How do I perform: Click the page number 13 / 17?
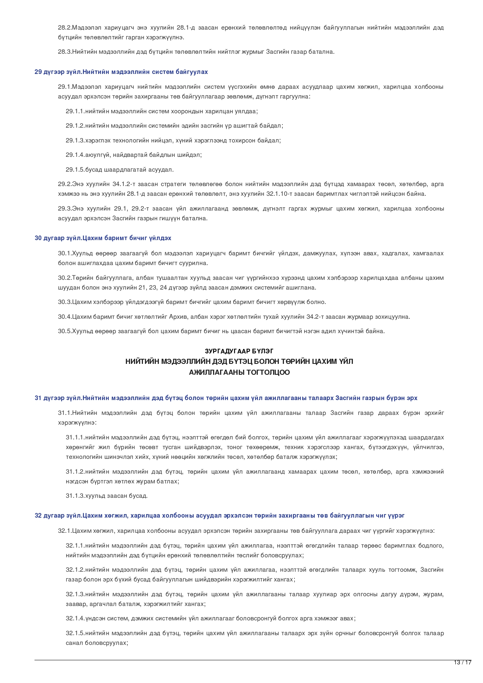[462, 663]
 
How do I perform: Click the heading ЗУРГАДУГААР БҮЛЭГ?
[239, 351]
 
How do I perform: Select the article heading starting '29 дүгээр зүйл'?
[121, 72]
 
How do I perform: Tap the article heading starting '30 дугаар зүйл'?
[103, 238]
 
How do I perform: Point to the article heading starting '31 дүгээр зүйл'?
[226, 398]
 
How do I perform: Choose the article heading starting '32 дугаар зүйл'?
[219, 516]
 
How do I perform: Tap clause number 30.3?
[65, 302]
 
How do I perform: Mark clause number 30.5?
[65, 331]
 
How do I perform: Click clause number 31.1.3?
[75, 496]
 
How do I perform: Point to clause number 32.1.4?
[75, 618]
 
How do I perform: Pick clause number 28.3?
[65, 52]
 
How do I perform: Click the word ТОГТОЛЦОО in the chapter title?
[265, 372]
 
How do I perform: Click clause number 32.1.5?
[75, 633]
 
